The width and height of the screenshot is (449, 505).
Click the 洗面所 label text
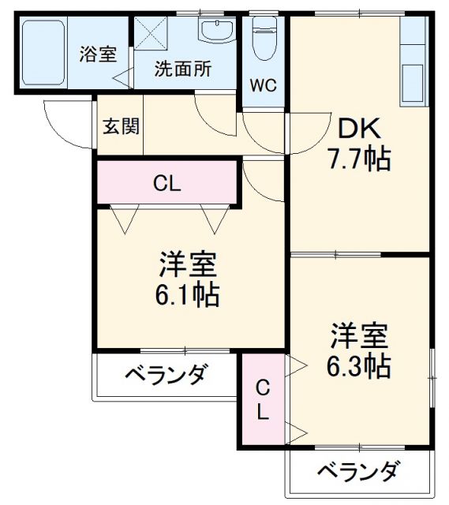pyautogui.click(x=182, y=69)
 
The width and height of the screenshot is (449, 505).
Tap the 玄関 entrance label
pyautogui.click(x=120, y=125)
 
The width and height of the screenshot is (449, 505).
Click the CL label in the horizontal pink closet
pyautogui.click(x=167, y=185)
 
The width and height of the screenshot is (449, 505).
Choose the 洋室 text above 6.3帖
pyautogui.click(x=359, y=335)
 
